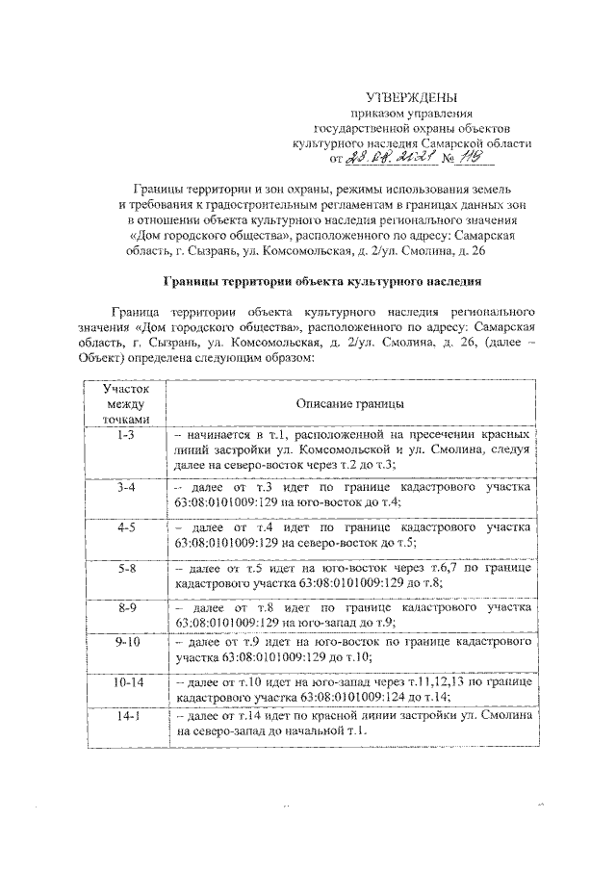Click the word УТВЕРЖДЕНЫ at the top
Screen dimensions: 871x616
tap(411, 97)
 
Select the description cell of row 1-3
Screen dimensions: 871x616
tap(350, 449)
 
